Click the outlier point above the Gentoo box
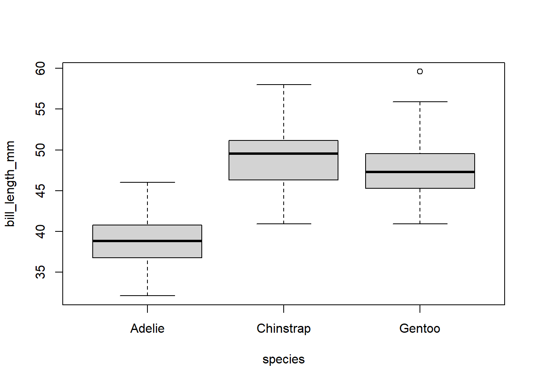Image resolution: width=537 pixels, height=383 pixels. [420, 71]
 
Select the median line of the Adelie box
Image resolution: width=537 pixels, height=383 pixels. [147, 241]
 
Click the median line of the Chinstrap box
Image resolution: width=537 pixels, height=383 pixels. [283, 154]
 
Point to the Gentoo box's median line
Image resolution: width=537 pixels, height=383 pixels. [420, 172]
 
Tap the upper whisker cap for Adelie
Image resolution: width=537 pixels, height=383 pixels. [147, 182]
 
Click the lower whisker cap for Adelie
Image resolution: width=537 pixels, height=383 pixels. [147, 296]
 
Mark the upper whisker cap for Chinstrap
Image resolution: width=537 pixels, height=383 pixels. [283, 85]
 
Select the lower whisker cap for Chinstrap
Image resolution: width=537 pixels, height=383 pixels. [283, 224]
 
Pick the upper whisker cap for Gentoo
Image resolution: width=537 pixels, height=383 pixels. [420, 102]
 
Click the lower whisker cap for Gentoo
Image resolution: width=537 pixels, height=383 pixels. [420, 224]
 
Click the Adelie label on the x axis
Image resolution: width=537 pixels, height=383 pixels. [147, 328]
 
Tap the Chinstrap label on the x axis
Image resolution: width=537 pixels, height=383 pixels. [283, 328]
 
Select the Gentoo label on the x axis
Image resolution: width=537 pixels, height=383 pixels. [420, 328]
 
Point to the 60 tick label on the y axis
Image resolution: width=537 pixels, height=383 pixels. [40, 68]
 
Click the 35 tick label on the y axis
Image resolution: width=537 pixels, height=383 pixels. [40, 272]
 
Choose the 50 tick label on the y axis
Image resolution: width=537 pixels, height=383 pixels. [40, 150]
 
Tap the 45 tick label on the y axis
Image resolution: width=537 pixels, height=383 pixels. [40, 191]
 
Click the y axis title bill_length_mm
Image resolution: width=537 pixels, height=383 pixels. [10, 184]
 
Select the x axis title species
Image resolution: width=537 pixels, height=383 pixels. [283, 359]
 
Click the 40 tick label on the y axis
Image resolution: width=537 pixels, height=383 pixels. [40, 231]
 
